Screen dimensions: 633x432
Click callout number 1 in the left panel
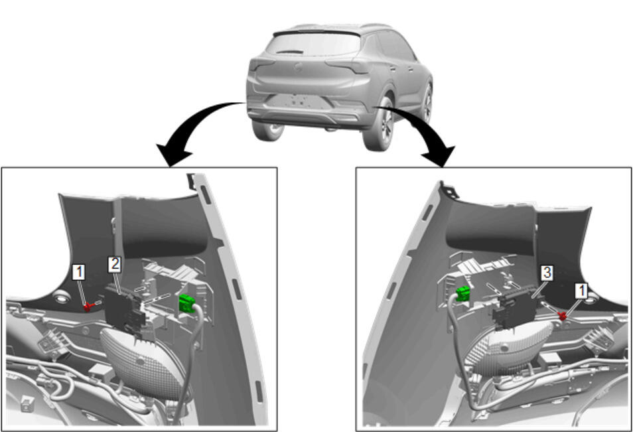pos(79,272)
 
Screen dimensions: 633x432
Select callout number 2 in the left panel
pos(115,264)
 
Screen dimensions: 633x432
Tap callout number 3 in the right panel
pos(547,273)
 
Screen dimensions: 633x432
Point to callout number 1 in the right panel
pos(581,290)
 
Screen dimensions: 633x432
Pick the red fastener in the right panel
pos(561,315)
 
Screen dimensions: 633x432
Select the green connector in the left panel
pos(186,303)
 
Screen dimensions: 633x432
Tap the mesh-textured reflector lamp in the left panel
pos(140,362)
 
